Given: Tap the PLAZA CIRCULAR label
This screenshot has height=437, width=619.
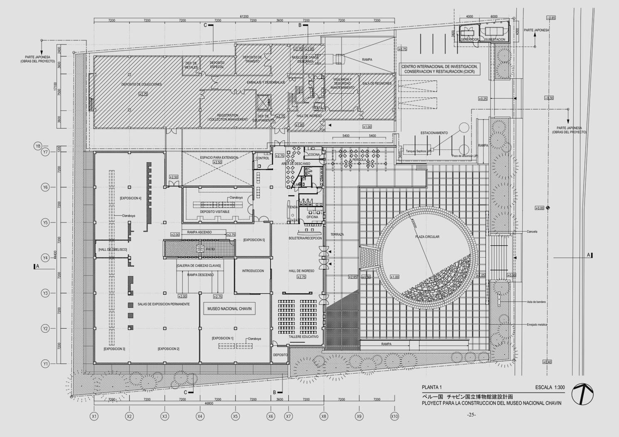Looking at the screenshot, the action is click(427, 237).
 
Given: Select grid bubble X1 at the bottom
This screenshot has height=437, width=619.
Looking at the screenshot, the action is click(94, 416).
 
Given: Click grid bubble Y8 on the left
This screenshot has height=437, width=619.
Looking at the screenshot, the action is click(38, 146).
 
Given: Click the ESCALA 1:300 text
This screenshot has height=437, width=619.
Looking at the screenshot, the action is click(550, 388).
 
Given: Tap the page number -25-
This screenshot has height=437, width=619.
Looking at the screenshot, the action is click(471, 415).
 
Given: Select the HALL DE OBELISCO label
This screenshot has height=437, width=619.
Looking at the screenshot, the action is click(113, 249).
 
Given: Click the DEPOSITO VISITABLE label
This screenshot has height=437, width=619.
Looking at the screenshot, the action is click(215, 212).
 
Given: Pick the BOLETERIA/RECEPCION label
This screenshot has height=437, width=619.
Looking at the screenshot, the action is click(305, 239).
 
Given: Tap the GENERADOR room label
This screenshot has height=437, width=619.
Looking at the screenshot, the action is click(469, 39).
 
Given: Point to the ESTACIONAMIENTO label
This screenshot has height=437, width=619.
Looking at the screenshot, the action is click(434, 133).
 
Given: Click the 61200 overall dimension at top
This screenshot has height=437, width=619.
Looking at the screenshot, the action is click(244, 17).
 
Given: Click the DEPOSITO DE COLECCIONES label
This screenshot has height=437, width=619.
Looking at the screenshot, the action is click(142, 84).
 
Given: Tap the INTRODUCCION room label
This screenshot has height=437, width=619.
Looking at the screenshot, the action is click(253, 271).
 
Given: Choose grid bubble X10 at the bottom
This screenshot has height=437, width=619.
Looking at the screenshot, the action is click(394, 416).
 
